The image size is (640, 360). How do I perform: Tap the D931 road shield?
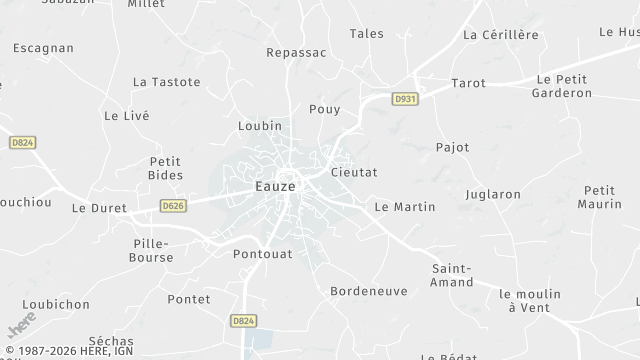coord(405,99)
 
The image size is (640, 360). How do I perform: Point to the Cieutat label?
coord(353,172)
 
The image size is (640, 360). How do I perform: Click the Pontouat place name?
coord(262,254)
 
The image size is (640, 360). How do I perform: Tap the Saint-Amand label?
coord(452,275)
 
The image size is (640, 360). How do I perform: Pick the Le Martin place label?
coord(404,207)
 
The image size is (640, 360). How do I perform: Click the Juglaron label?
coord(493,194)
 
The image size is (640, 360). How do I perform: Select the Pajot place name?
coord(452,147)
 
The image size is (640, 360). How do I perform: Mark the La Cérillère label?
coord(501,35)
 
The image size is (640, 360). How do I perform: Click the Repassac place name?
coord(298,52)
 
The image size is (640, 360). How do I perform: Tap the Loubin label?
coord(260,126)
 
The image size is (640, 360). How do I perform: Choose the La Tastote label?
coord(167,82)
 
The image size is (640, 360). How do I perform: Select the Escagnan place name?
coord(43,47)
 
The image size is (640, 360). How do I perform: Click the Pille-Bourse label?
coord(153,250)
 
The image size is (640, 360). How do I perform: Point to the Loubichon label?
coord(56,304)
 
